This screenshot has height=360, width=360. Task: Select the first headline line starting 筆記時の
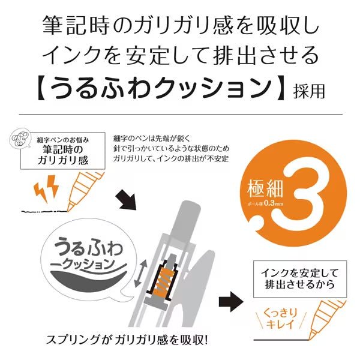click(x=180, y=26)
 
